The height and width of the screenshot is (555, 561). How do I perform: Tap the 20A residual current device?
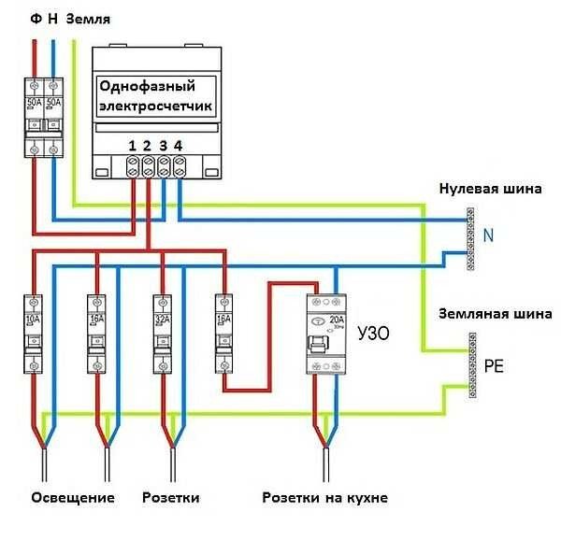[x=325, y=334]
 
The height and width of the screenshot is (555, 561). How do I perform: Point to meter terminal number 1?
[x=133, y=166]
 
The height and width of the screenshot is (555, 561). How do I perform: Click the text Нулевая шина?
[x=490, y=189]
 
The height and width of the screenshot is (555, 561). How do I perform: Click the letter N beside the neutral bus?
[x=488, y=235]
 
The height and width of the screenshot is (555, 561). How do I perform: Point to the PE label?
[x=494, y=367]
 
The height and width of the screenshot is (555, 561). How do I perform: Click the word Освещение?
[x=73, y=497]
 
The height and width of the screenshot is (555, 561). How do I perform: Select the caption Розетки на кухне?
[x=324, y=497]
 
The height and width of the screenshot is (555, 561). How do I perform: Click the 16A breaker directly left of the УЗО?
[x=223, y=334]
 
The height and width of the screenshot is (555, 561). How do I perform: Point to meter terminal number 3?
[x=164, y=166]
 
